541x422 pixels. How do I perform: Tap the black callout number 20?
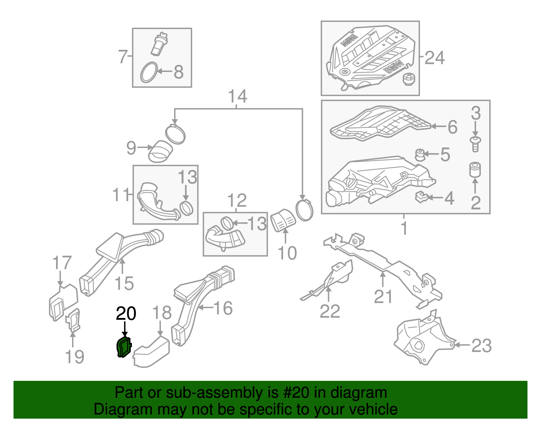126,314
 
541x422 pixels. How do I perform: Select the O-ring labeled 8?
149,72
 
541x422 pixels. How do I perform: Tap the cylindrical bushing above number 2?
475,169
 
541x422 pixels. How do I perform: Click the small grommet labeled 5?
420,155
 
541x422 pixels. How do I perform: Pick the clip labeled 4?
421,197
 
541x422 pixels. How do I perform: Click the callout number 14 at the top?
237,96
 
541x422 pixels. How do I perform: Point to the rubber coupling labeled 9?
160,152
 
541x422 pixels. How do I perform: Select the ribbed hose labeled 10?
283,220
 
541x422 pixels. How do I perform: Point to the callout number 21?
383,297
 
